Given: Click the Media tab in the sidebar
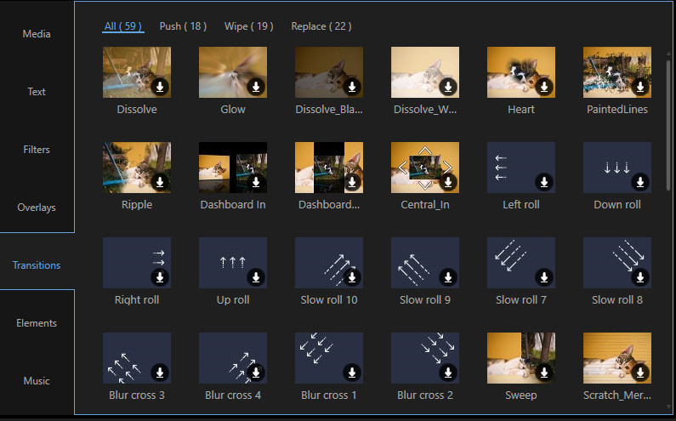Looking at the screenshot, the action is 37,34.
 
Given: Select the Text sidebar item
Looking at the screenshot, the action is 37,92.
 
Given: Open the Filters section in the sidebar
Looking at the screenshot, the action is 37,149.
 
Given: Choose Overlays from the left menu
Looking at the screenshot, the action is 37,208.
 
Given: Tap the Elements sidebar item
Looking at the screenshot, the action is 37,323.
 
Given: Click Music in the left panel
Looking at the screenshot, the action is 37,381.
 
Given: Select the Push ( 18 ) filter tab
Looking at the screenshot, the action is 183,26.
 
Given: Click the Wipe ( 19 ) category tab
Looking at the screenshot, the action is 249,26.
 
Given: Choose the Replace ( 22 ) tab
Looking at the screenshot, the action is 321,26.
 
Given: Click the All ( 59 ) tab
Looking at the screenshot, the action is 122,26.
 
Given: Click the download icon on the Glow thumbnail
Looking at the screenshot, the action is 256,87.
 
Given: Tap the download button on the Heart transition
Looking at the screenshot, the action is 544,87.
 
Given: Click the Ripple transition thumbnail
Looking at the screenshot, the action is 137,168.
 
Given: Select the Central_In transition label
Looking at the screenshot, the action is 425,204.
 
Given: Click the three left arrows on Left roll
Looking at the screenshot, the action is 501,168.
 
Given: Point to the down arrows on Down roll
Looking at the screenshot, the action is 617,168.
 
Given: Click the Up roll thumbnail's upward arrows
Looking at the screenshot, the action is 233,262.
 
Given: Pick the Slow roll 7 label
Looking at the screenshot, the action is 521,299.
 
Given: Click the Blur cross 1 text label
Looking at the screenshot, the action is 329,395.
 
